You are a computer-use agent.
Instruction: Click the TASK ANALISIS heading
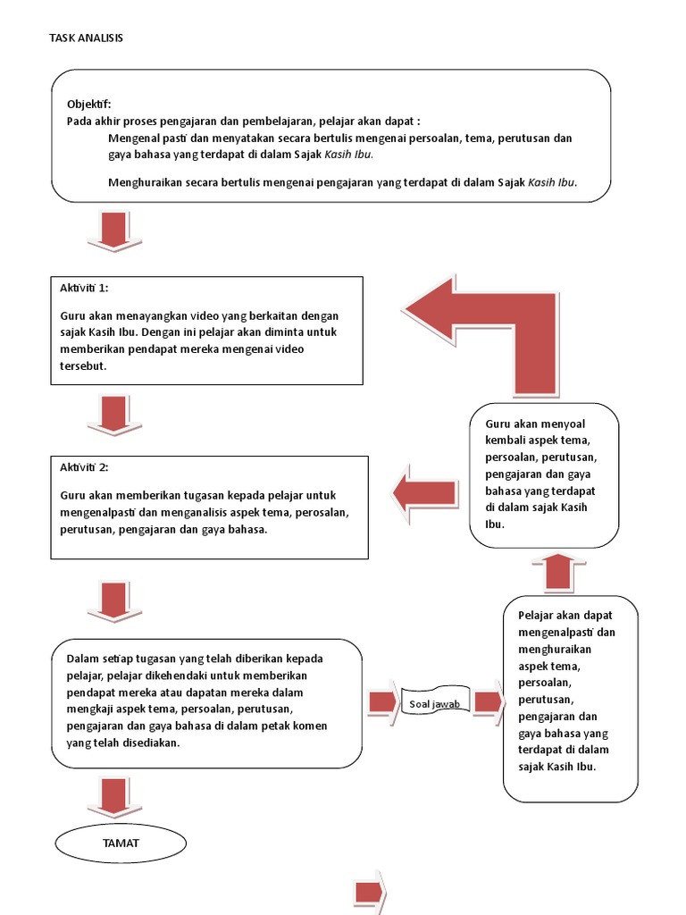86,38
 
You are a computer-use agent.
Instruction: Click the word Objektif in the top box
88,104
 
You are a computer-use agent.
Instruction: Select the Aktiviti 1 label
84,288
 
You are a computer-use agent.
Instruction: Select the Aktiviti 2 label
84,467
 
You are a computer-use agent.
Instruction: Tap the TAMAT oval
121,843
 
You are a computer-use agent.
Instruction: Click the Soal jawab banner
435,704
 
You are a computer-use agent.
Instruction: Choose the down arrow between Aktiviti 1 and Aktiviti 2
113,416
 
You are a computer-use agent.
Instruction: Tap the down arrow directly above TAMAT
113,796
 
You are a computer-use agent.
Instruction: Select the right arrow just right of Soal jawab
488,702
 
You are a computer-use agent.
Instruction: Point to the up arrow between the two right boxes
558,571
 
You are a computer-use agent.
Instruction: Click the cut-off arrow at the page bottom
369,893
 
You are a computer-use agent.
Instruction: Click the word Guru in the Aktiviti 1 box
72,315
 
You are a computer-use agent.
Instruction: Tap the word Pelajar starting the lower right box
538,615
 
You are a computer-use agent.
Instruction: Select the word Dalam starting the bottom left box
82,659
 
